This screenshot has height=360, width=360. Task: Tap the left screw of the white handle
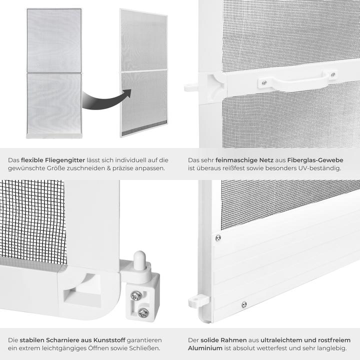(264, 82)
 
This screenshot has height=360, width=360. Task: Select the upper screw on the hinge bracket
(136, 295)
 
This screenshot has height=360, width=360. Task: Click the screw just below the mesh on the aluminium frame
(217, 237)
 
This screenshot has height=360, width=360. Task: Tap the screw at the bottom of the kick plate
(244, 304)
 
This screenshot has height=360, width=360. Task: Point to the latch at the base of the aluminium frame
(198, 300)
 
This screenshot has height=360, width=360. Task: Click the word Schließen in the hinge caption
(145, 347)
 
